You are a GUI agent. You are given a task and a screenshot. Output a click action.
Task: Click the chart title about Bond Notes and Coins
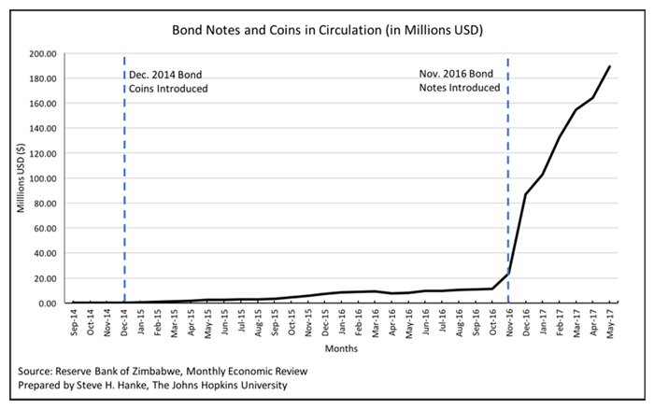pos(326,30)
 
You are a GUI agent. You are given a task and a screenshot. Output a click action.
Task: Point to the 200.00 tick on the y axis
pos(41,54)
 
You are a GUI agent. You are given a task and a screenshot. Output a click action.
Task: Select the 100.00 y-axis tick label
pos(41,178)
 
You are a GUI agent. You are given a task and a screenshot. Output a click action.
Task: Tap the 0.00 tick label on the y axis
pos(46,303)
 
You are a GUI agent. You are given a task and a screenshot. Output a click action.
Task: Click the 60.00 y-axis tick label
pos(44,229)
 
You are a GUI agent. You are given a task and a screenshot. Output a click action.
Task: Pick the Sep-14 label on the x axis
pos(74,323)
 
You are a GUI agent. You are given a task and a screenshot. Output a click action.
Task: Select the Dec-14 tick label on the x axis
pos(124,323)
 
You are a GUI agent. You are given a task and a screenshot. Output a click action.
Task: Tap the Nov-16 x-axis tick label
pos(508,323)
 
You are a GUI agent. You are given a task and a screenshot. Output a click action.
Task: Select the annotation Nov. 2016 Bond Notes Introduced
pos(459,80)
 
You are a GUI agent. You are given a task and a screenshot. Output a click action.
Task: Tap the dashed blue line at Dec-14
pos(124,187)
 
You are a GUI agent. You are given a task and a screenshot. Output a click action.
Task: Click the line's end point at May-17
pos(609,66)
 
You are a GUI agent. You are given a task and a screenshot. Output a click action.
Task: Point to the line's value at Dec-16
pos(525,194)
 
